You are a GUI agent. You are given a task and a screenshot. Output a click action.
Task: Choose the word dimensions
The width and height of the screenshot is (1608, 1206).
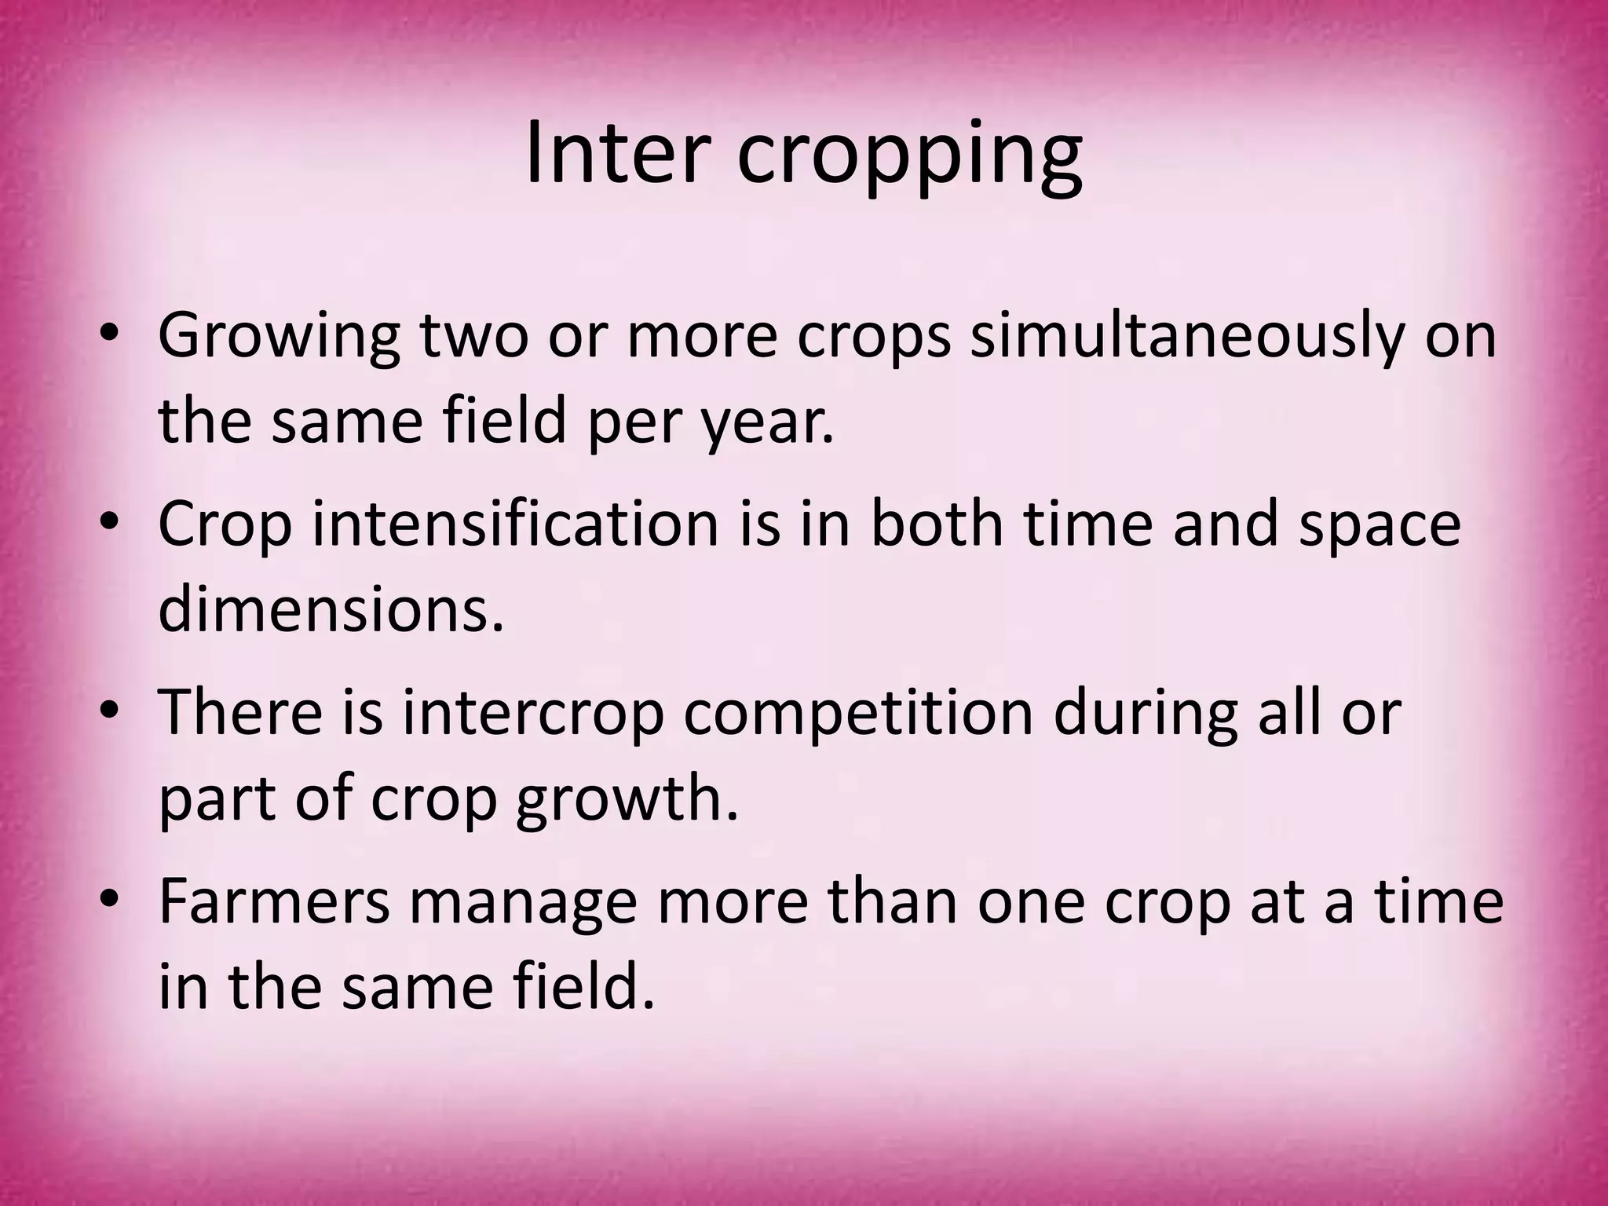[330, 609]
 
